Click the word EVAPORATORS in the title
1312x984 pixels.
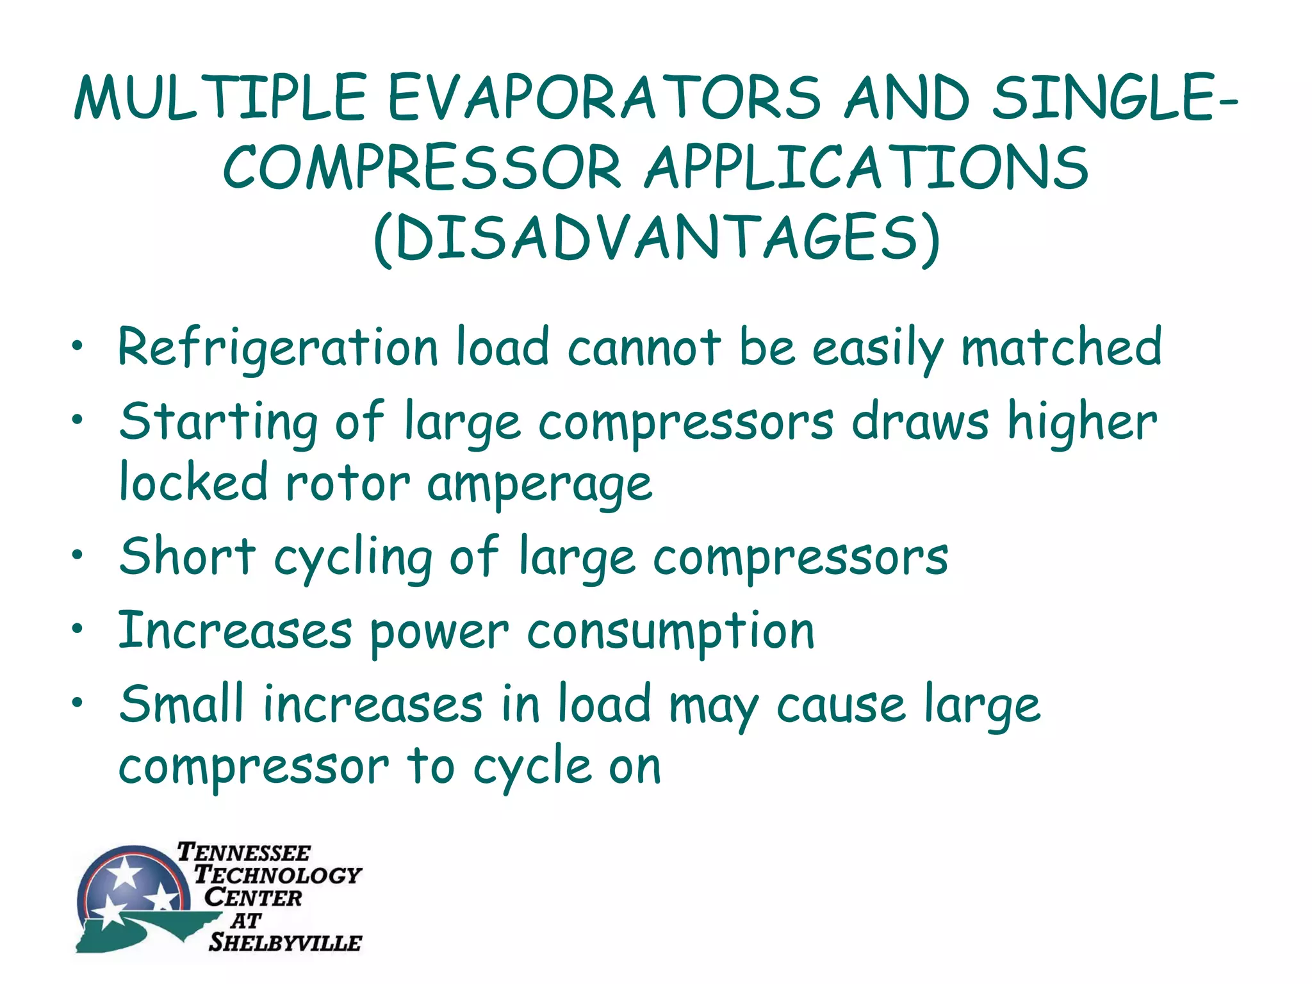coord(603,98)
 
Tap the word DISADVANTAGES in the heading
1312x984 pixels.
coord(657,238)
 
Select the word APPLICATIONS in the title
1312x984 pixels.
coord(867,168)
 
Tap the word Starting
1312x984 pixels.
coord(218,423)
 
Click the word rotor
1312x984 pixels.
coord(347,484)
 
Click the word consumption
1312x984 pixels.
coord(671,633)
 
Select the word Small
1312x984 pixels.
coord(182,704)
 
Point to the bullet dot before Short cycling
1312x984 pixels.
coord(78,554)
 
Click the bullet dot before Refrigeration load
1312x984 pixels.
coord(78,347)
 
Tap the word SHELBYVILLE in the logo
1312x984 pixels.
coord(285,942)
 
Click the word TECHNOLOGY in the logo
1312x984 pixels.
coord(278,874)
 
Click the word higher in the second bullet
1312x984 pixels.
coord(1082,422)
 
